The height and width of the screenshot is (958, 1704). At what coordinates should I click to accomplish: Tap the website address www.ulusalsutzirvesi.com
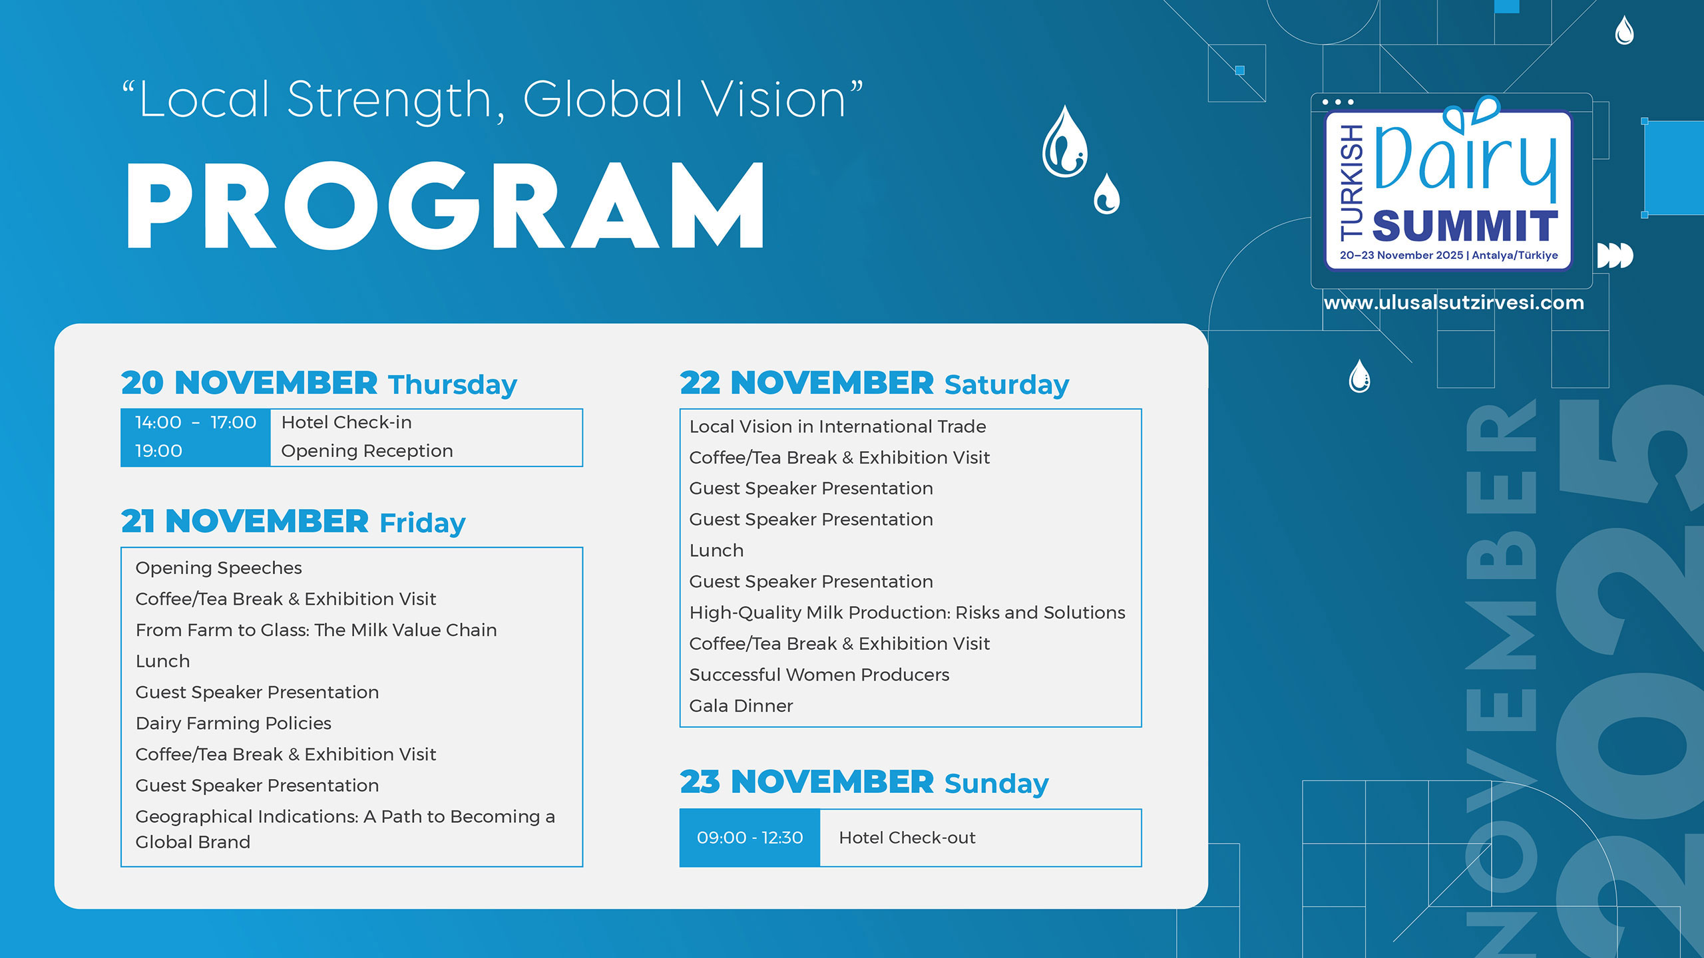coord(1454,303)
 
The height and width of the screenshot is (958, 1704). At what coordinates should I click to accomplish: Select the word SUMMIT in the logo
coord(1465,226)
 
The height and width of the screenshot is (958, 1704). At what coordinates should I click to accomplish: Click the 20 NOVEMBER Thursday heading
coord(319,383)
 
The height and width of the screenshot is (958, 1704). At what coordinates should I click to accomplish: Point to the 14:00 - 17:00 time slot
coord(196,422)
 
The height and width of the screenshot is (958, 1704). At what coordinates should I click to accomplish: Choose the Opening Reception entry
coord(367,451)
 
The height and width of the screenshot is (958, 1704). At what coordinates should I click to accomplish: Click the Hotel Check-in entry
coord(347,422)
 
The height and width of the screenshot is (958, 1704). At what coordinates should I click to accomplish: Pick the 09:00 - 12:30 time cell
coord(749,838)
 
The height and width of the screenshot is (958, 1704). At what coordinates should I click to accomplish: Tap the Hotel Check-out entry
coord(907,838)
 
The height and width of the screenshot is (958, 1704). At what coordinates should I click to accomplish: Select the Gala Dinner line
coord(741,706)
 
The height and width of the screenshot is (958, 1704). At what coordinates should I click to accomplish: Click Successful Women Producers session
coord(819,675)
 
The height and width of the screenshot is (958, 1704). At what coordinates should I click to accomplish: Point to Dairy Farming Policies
coord(233,723)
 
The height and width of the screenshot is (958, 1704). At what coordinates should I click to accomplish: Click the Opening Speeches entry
coord(218,568)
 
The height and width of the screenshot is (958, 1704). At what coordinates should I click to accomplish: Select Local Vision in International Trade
coord(837,426)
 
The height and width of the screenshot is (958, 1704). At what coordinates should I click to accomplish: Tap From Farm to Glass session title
coord(316,630)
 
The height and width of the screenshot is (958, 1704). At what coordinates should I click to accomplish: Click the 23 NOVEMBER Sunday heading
coord(864,782)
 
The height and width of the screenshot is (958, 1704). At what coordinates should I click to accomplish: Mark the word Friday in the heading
coord(423,523)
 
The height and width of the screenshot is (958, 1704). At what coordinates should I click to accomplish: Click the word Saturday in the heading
coord(1006,385)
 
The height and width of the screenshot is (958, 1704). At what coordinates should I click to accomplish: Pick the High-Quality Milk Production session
coord(907,613)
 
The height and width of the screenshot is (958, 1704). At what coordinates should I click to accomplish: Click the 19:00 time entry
coord(158,451)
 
